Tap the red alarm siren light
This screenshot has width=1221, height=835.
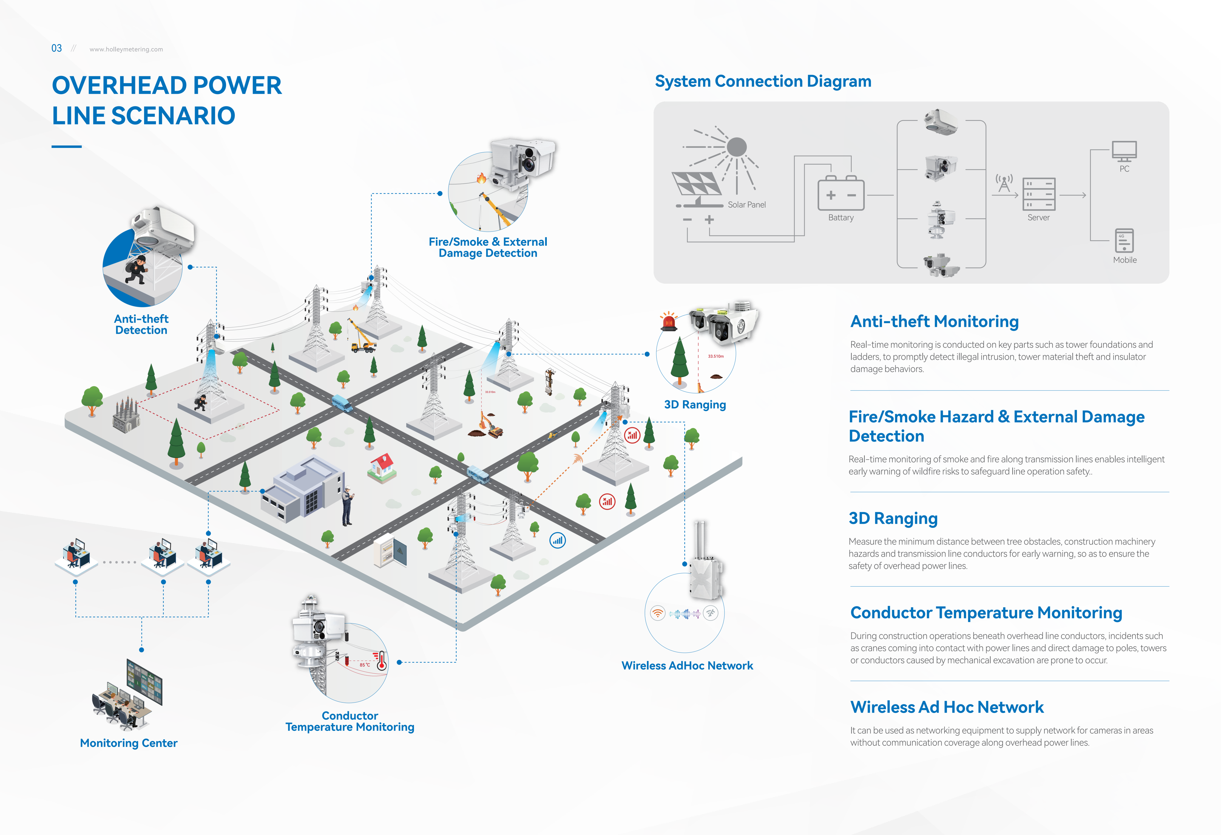click(669, 321)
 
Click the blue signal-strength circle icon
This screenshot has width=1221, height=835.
click(557, 540)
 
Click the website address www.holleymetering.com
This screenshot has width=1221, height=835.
click(126, 50)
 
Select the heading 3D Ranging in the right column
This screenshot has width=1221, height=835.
click(893, 518)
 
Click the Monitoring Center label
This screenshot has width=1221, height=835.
click(129, 743)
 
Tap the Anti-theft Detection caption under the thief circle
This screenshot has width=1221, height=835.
click(141, 324)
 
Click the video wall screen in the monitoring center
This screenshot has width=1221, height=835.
click(144, 682)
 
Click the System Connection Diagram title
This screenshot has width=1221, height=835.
click(763, 81)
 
